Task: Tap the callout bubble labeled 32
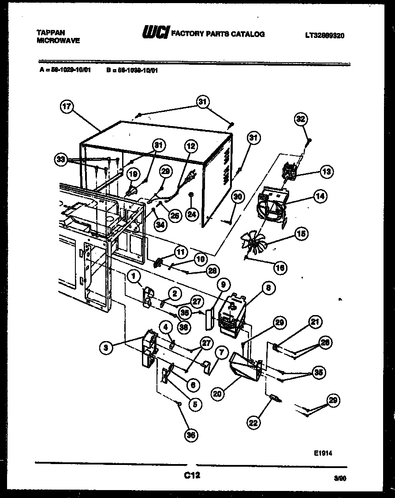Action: point(301,119)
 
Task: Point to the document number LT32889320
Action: point(324,35)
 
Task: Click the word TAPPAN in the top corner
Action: point(50,33)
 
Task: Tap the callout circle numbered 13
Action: point(327,172)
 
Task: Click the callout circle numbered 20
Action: point(216,394)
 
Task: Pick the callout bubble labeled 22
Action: point(254,423)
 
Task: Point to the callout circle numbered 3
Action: point(105,348)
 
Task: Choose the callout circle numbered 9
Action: point(223,285)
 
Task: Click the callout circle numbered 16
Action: point(280,267)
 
